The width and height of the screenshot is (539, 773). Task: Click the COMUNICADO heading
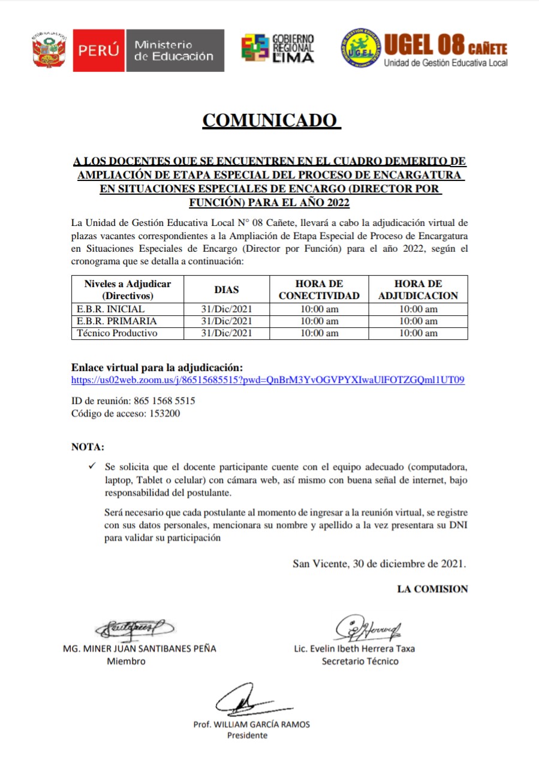pos(271,120)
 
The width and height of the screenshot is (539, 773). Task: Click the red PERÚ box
pos(99,51)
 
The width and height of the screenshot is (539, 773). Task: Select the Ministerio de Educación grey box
pos(174,51)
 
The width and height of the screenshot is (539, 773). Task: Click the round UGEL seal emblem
pos(360,48)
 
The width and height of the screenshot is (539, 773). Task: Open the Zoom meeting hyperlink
pos(268,380)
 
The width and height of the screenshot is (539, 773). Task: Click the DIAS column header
pos(227,290)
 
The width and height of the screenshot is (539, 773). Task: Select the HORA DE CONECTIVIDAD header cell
pos(319,290)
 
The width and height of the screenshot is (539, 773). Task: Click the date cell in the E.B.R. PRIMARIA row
pos(227,321)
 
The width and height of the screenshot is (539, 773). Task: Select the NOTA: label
pos(88,447)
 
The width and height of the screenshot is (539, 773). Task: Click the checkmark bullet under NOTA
pos(91,466)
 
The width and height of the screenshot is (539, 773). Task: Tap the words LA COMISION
pos(432,589)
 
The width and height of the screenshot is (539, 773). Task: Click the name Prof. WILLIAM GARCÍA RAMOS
pos(251,724)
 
